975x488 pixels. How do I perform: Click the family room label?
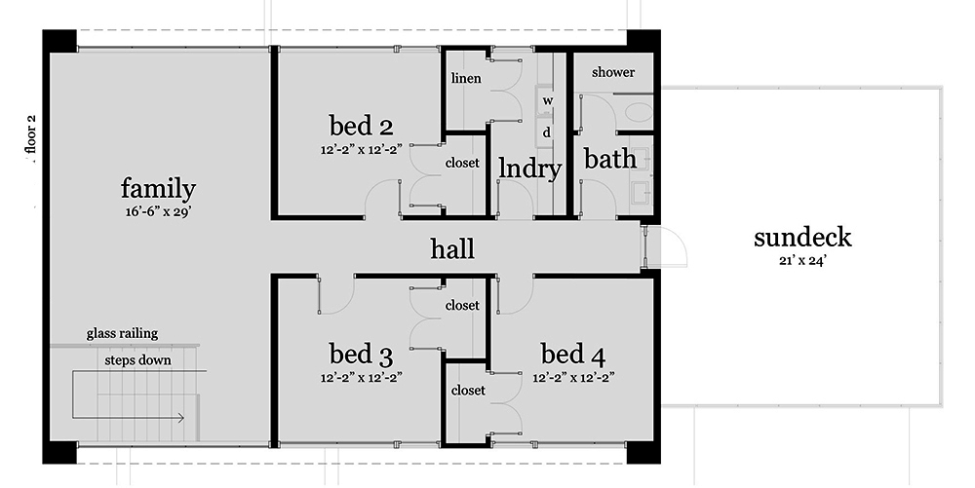[158, 189]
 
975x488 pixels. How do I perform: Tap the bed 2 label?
[361, 126]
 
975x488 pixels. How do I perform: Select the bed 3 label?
[361, 352]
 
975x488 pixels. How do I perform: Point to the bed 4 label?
[573, 352]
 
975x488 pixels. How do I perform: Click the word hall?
[452, 249]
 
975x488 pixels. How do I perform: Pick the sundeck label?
[802, 237]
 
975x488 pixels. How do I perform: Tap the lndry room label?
[529, 169]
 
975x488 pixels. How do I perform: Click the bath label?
[610, 159]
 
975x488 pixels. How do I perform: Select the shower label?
[613, 72]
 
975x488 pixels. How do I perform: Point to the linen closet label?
[466, 78]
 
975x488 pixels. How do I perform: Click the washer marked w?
[548, 100]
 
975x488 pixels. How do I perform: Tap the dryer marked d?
[548, 131]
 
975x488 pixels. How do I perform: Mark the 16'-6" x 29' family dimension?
[157, 212]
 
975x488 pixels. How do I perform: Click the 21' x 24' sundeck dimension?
[802, 260]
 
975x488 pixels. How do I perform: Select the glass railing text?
[122, 333]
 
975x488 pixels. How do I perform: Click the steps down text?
[137, 360]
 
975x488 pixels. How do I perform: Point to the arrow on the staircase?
[179, 419]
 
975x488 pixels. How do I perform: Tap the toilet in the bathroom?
[640, 112]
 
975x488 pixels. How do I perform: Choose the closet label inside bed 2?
[462, 163]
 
